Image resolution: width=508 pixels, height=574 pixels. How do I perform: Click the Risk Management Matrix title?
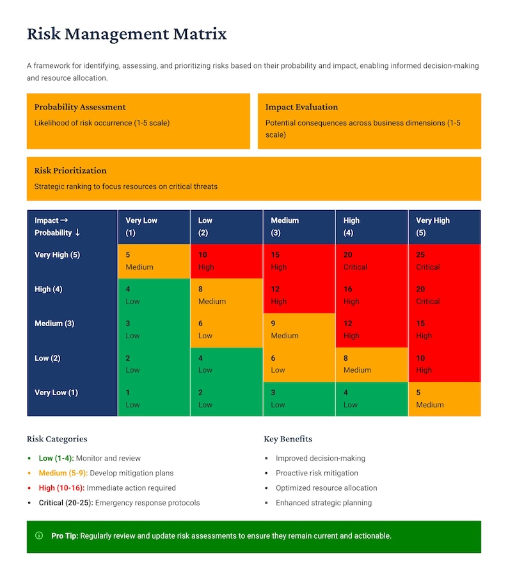(127, 34)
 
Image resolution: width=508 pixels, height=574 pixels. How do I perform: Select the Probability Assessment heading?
(80, 107)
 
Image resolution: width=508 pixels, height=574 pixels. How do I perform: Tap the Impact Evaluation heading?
(301, 107)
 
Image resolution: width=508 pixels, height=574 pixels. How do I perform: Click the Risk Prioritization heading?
(70, 170)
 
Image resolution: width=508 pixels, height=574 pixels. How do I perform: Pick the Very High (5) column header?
(444, 227)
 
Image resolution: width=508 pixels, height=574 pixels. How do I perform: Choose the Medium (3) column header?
(299, 227)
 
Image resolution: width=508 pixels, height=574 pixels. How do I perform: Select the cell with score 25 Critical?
(444, 261)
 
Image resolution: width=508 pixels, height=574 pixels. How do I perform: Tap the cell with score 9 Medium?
(299, 330)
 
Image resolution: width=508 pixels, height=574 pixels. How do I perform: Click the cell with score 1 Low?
(154, 398)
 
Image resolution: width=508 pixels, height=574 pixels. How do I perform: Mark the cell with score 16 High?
(371, 295)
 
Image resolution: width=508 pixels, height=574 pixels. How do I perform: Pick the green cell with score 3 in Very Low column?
(154, 330)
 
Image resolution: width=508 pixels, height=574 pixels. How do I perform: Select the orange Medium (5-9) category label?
(63, 473)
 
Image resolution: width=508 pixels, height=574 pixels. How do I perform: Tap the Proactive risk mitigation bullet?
(317, 473)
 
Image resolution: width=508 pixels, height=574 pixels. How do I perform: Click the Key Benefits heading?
(288, 439)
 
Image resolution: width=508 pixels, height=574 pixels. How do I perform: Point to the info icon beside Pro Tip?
(39, 536)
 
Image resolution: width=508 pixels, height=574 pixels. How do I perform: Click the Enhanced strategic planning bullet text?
(323, 503)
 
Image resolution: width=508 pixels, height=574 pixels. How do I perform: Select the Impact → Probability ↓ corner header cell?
(72, 227)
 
